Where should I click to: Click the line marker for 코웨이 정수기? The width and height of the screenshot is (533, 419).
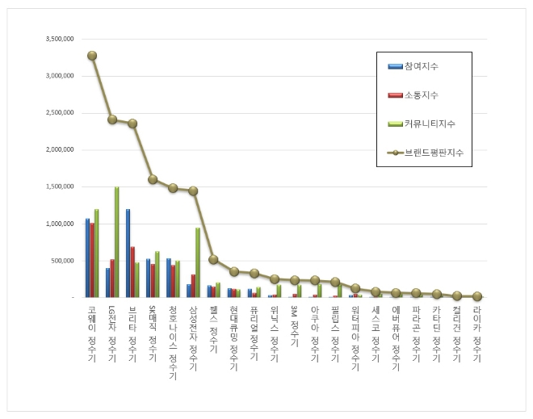click(x=92, y=56)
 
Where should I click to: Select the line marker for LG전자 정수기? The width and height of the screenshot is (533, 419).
click(x=112, y=119)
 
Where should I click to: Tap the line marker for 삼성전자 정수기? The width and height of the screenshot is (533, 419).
click(x=193, y=191)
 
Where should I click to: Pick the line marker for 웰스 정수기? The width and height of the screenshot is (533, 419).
click(x=213, y=259)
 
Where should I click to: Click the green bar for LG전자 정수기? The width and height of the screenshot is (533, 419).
click(x=116, y=242)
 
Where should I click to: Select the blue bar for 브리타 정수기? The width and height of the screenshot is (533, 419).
click(x=128, y=253)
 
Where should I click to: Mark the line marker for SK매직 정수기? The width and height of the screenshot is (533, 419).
click(x=153, y=179)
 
